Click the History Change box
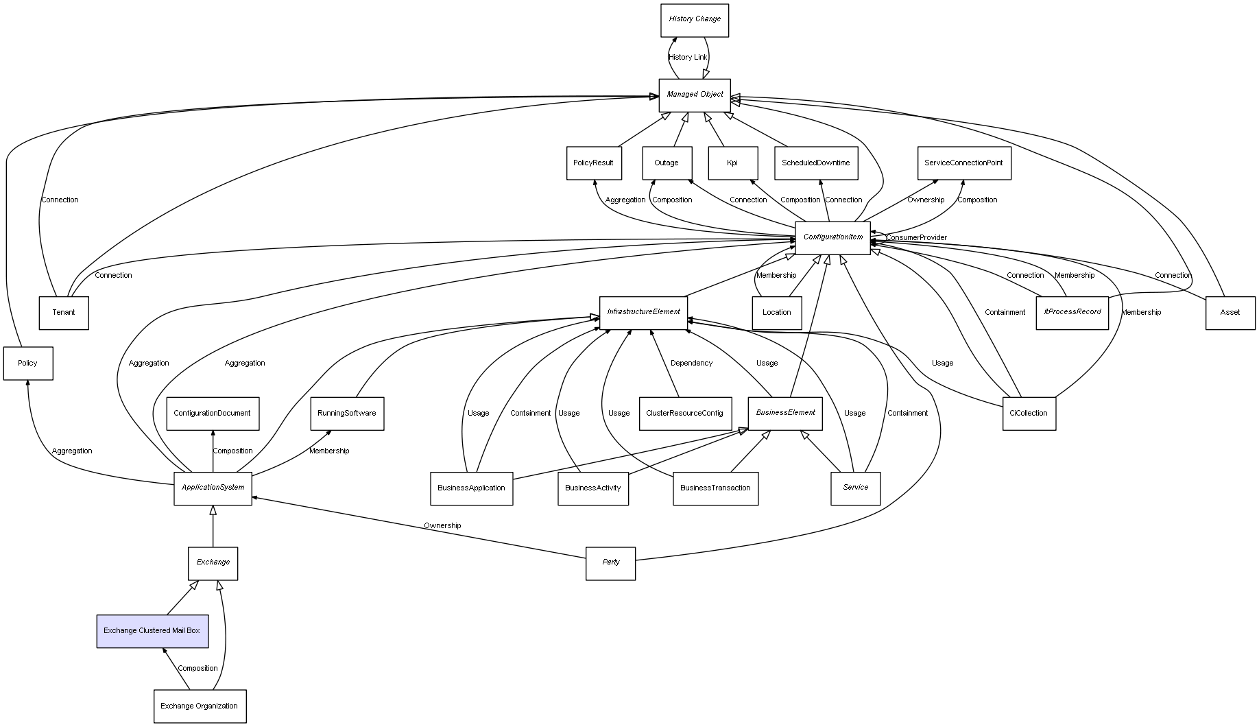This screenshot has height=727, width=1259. pos(694,20)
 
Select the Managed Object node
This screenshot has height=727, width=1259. pos(694,95)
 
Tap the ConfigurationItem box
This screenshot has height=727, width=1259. pos(832,237)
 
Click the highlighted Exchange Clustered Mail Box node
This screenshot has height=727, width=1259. pos(152,631)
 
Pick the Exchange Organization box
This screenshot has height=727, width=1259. pos(200,706)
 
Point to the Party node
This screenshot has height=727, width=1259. pos(610,562)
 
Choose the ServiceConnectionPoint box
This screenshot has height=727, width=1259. pos(963,163)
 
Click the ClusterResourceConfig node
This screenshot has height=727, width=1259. pos(684,414)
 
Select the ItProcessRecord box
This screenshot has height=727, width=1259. pos(1072,312)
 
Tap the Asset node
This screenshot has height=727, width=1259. pos(1230,313)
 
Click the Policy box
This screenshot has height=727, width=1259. pos(28,363)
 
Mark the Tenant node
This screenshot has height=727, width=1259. pos(64,313)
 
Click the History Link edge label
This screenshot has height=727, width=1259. pos(687,58)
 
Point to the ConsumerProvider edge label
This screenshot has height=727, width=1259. pos(916,238)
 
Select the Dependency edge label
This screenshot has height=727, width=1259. pos(691,363)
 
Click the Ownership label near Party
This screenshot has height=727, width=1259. pos(442,526)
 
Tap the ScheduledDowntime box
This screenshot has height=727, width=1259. pos(816,163)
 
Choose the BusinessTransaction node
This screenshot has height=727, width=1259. pos(715,488)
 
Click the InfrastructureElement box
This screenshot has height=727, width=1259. pos(643,312)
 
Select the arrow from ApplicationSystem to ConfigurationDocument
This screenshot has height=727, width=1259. pos(213,451)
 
